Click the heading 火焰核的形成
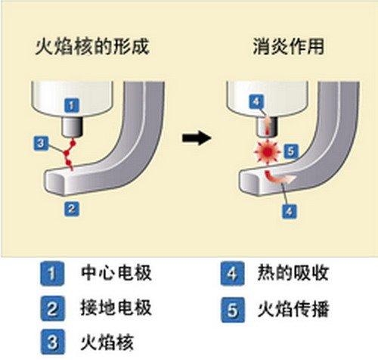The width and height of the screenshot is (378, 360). point(92,46)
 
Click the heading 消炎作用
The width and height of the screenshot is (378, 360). point(289,46)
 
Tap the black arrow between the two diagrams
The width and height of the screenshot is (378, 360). point(197,138)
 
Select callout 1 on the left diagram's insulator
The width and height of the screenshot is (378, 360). point(72,105)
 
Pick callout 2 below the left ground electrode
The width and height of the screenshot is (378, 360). point(72,209)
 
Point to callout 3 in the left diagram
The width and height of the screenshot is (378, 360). point(41,144)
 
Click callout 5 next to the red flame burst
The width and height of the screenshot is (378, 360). point(291,151)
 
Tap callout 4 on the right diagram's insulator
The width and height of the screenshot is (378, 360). point(256,101)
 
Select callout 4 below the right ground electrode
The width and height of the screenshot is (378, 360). point(290,211)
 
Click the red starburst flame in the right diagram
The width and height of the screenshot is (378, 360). point(268,152)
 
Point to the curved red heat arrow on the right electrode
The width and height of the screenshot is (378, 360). point(277,177)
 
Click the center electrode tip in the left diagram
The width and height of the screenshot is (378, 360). point(72,127)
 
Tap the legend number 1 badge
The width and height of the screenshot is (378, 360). point(52,274)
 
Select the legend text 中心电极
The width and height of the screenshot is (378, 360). point(116,273)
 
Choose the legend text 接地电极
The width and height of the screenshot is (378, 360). point(116,308)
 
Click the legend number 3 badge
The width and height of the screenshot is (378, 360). point(52,342)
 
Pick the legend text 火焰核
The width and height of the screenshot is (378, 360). point(107,342)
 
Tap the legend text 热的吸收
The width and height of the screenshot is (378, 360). point(293,273)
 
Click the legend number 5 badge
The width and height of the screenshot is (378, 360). point(233,309)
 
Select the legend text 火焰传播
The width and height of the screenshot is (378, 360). point(293,309)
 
